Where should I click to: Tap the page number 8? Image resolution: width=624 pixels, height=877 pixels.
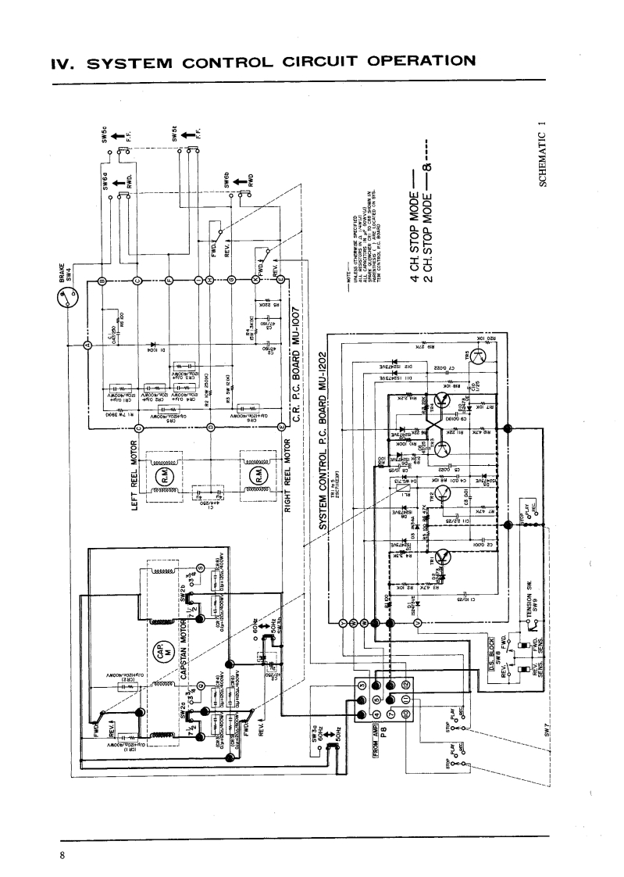click(62, 854)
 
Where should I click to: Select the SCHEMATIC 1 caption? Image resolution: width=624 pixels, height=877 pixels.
click(540, 156)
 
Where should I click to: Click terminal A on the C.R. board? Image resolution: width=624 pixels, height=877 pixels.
click(87, 345)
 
